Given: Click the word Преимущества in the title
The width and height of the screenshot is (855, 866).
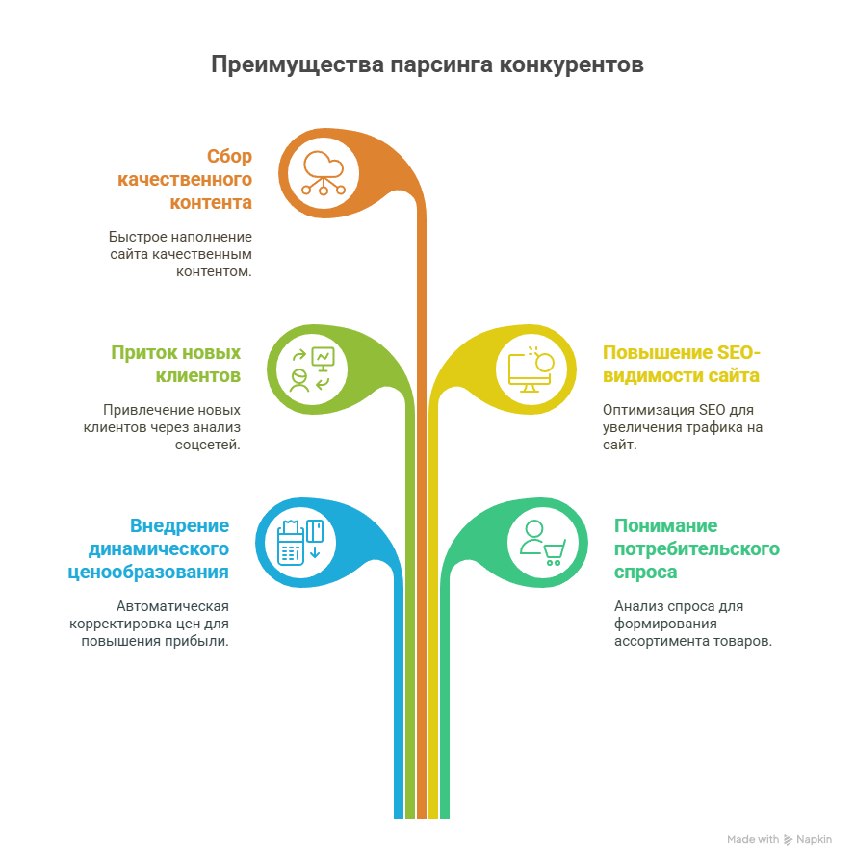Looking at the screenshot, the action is coord(298,65).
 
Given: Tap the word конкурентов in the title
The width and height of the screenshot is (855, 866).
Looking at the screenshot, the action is coord(572,65).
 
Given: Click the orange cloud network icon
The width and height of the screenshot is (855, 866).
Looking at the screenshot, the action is coord(324,173).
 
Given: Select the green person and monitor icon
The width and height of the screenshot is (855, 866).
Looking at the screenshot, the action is coord(312,369).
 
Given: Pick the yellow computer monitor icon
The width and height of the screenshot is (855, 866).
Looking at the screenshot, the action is coord(531,369).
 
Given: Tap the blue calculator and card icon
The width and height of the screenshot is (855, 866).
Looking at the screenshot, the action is coord(300,543).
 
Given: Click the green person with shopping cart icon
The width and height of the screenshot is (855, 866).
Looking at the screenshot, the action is coord(543,543).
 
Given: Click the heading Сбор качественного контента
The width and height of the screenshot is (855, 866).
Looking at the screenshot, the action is coord(185,180).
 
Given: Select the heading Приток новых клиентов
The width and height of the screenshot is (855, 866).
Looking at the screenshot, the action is coord(176,364).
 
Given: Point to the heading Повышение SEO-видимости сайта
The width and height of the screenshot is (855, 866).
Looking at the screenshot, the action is coord(682,364).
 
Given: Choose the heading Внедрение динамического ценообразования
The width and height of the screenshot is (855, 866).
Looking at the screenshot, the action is coord(148,548).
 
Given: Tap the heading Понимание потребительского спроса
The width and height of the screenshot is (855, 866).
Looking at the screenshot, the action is coord(697,548).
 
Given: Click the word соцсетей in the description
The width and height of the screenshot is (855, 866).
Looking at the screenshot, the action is coord(207,445).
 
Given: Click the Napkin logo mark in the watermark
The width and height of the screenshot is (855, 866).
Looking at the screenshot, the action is coord(788,840).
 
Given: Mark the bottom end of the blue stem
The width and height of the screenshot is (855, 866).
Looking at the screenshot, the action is coord(399,818).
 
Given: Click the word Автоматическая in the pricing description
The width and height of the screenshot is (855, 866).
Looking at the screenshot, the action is coord(172,606).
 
